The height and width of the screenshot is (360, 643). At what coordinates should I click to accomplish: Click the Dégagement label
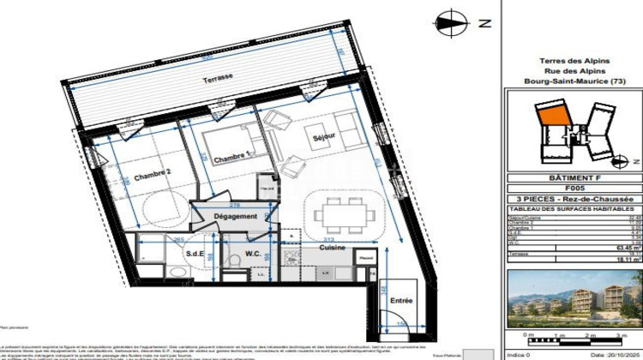pyautogui.click(x=236, y=217)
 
